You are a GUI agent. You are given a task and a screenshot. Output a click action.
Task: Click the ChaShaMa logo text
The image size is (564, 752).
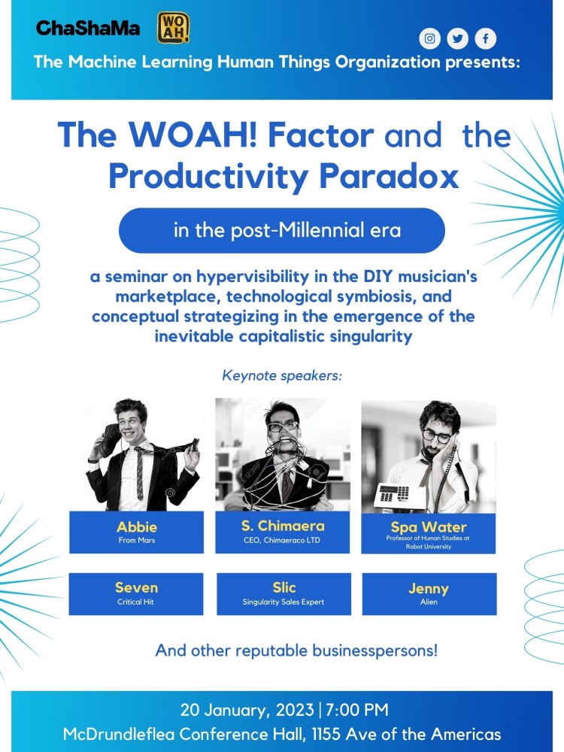tap(88, 28)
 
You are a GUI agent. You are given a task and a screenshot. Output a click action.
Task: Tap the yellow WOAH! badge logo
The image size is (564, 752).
tap(173, 28)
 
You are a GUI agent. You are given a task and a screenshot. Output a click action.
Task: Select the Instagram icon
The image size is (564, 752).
tap(429, 38)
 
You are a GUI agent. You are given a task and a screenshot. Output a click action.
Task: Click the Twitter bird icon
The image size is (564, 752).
tap(457, 38)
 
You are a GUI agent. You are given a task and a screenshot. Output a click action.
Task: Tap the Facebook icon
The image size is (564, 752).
tap(485, 38)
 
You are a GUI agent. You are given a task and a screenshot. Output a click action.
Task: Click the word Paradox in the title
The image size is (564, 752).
tap(389, 176)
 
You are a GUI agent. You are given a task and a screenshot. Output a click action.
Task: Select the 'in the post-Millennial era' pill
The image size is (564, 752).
tap(282, 230)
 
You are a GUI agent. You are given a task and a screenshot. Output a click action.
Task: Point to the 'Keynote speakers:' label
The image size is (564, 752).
tap(282, 375)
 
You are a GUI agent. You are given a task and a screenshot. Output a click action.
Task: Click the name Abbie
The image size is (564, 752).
tap(137, 527)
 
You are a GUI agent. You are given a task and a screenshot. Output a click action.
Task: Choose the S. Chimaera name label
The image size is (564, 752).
tap(283, 526)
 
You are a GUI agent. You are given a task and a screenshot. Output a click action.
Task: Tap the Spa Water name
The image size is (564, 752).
tap(429, 527)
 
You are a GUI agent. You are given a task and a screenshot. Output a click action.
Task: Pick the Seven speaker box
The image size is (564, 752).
tap(136, 594)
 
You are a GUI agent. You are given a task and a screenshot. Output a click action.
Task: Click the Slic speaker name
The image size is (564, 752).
tap(284, 587)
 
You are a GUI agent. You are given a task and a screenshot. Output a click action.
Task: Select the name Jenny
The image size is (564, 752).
tap(429, 589)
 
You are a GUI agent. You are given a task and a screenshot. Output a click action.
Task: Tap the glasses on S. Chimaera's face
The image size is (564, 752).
tap(283, 426)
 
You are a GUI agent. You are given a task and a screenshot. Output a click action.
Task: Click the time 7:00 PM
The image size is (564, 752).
tap(356, 710)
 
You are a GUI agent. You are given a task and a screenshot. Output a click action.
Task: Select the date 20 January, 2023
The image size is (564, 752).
tap(247, 711)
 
